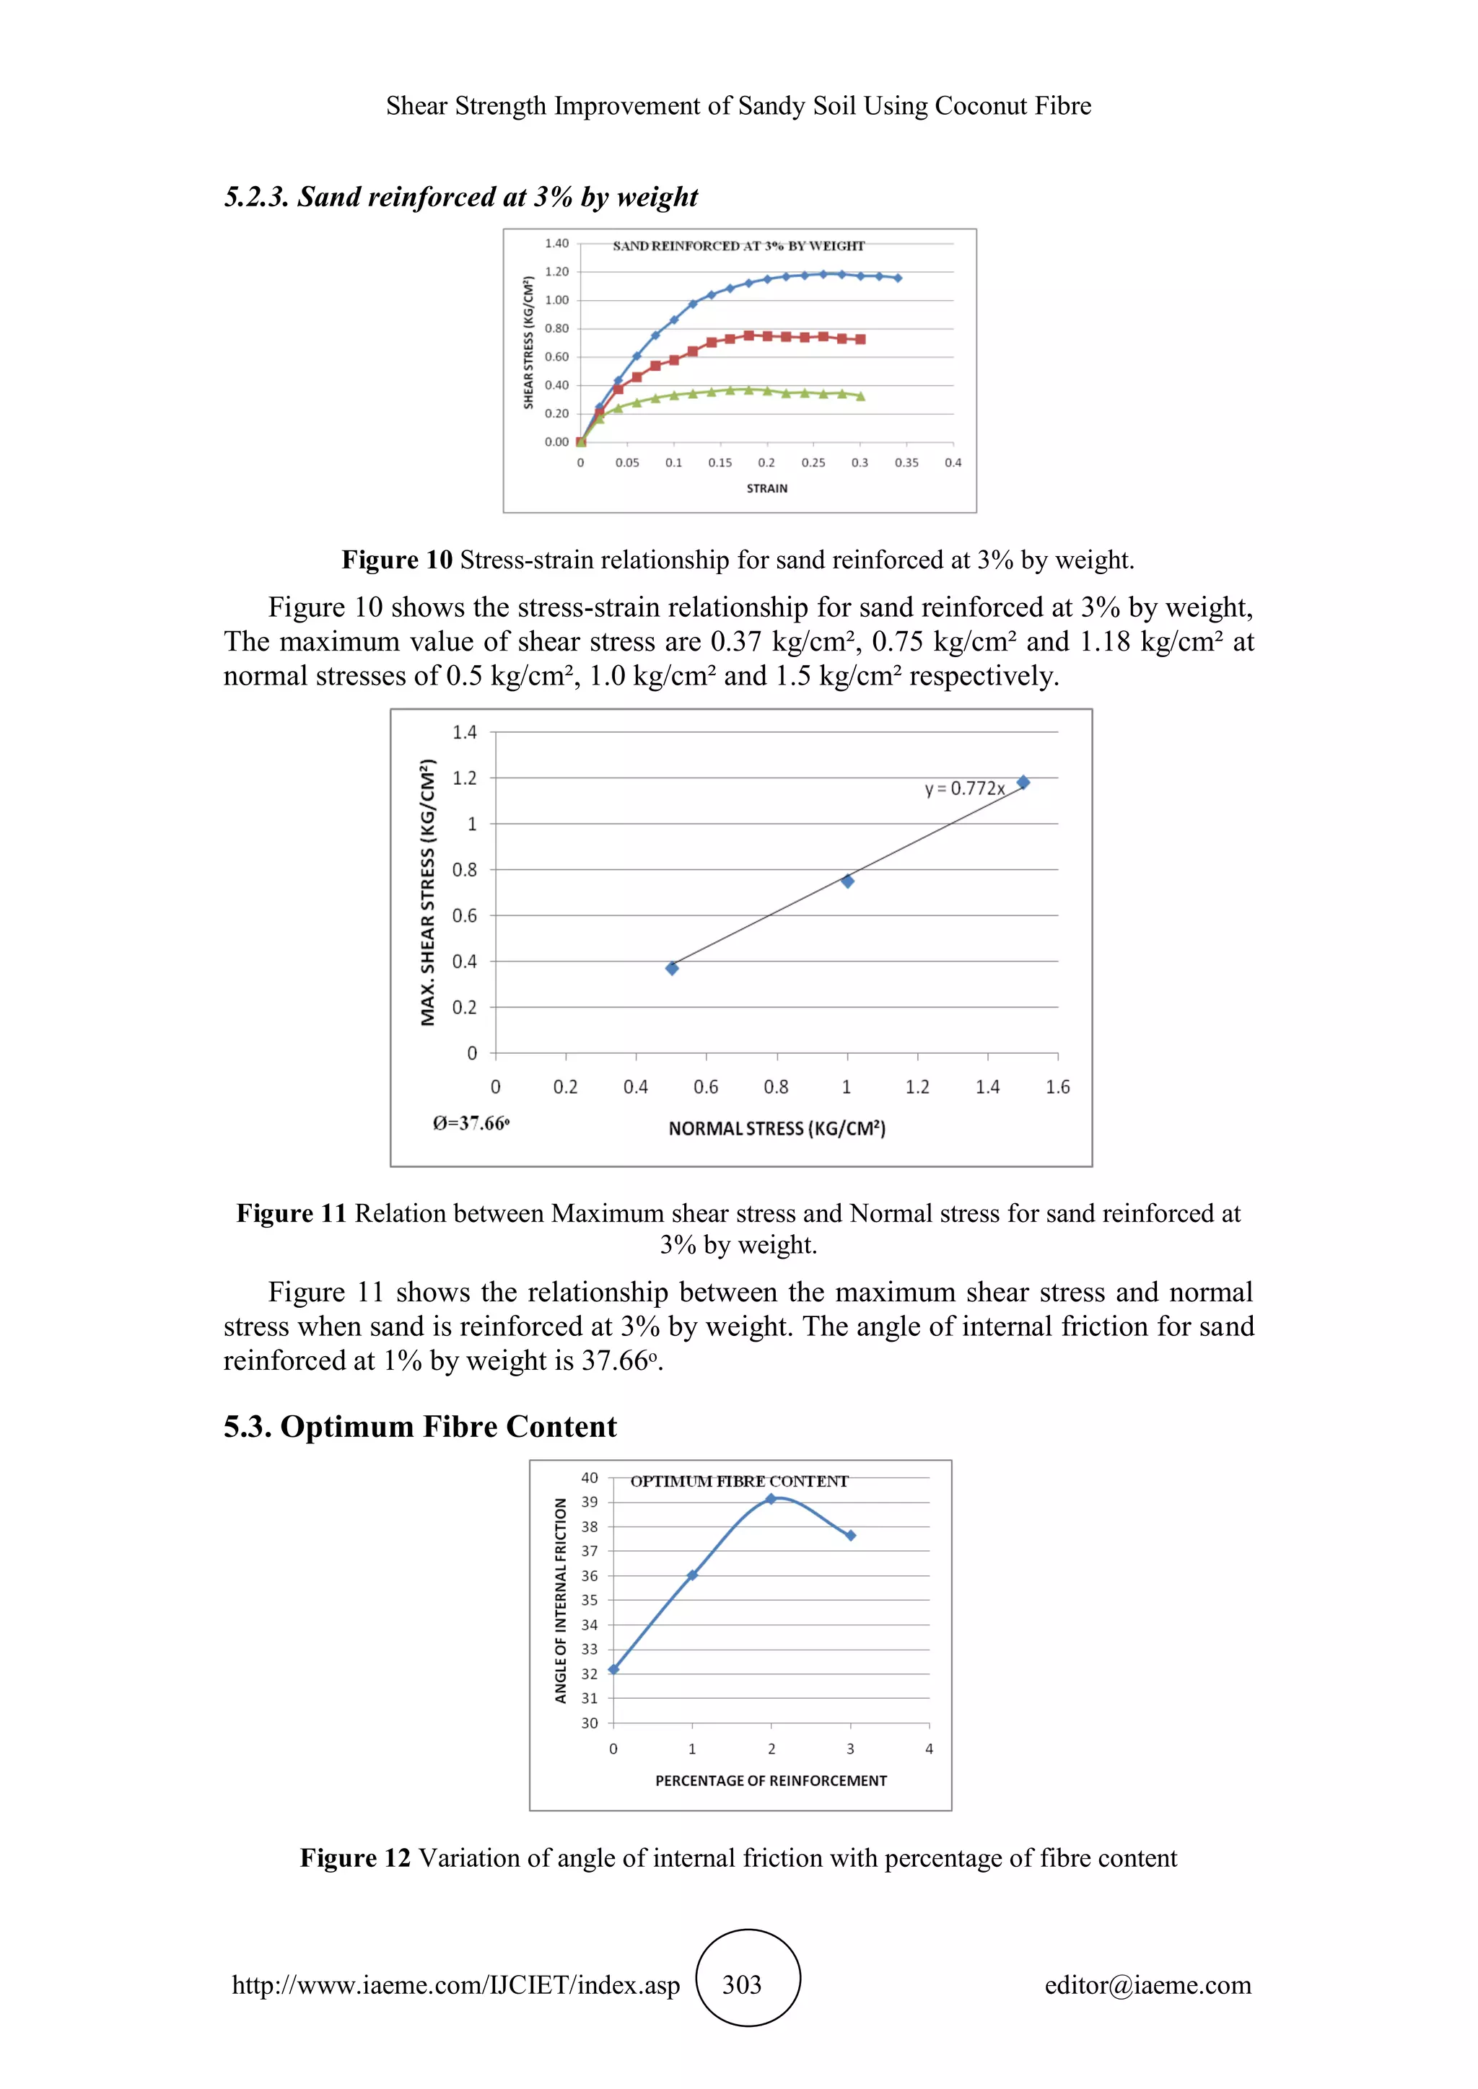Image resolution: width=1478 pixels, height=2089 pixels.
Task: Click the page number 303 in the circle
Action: pyautogui.click(x=742, y=1984)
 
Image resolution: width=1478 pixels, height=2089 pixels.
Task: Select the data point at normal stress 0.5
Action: pyautogui.click(x=672, y=968)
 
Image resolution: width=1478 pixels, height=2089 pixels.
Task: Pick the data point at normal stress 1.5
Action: pyautogui.click(x=1023, y=783)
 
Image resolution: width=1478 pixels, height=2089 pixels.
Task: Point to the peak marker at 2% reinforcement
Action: pyautogui.click(x=771, y=1498)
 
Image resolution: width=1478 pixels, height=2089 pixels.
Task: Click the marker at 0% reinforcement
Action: pyautogui.click(x=613, y=1668)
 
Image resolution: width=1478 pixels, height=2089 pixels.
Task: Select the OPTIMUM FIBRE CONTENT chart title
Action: pyautogui.click(x=739, y=1481)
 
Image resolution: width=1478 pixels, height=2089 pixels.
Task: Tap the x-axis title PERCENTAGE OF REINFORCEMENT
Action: pyautogui.click(x=771, y=1780)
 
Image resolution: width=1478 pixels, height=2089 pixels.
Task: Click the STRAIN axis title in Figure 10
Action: pyautogui.click(x=767, y=488)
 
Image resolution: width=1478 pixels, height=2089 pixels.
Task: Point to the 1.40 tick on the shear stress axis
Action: pyautogui.click(x=556, y=244)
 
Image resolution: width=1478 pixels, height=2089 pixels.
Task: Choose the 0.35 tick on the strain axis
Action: pyautogui.click(x=906, y=463)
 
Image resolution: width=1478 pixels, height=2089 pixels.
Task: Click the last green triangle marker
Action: pyautogui.click(x=860, y=396)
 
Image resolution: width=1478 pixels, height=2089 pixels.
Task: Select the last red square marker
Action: pyautogui.click(x=860, y=339)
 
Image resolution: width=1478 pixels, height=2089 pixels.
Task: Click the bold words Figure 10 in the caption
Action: pyautogui.click(x=397, y=560)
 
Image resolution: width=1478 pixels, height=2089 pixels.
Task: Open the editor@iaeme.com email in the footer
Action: pyautogui.click(x=1147, y=1984)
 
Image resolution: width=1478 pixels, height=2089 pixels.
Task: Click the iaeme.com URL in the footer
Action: pyautogui.click(x=456, y=1984)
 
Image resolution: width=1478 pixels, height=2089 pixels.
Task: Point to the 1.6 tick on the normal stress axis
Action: pyautogui.click(x=1057, y=1086)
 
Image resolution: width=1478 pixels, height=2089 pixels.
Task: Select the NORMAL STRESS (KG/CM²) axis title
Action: pyautogui.click(x=777, y=1128)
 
